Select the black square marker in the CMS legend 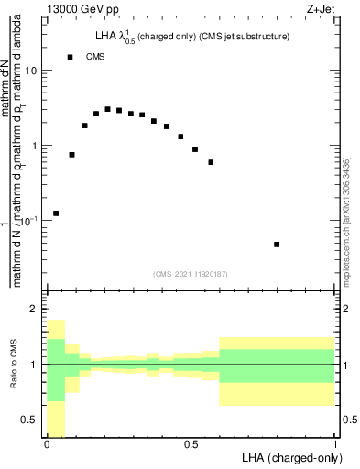70,57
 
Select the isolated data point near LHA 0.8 277,245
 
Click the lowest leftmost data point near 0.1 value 56,213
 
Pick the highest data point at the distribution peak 107,109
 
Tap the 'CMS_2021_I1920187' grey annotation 191,274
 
